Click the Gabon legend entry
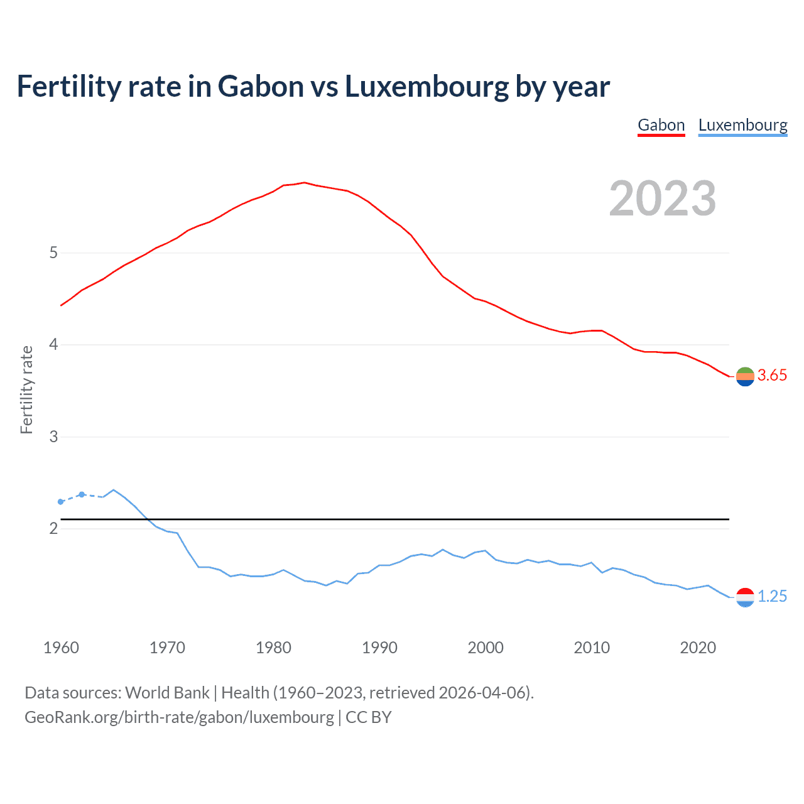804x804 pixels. coord(661,125)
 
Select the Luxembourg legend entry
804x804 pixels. coord(742,125)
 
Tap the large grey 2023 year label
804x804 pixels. coord(663,198)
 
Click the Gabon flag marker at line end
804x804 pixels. coord(745,377)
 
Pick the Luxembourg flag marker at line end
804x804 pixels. coord(745,597)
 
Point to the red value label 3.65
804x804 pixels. coord(772,376)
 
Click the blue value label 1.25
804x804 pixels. coord(772,597)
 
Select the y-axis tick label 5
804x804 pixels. coord(53,253)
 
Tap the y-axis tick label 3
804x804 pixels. coord(53,437)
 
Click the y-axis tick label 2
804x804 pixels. coord(53,528)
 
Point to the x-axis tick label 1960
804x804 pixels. coord(61,648)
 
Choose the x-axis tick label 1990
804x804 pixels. coord(379,648)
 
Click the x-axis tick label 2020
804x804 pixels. coord(698,648)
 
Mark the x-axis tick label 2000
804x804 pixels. coord(486,648)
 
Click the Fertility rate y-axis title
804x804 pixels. coord(26,389)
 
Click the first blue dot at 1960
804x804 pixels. coord(61,502)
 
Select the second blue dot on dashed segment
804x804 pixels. coord(82,494)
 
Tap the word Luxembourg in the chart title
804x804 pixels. coord(426,86)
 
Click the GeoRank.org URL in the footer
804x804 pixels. coord(179,717)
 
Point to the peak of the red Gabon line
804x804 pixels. coord(304,183)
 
